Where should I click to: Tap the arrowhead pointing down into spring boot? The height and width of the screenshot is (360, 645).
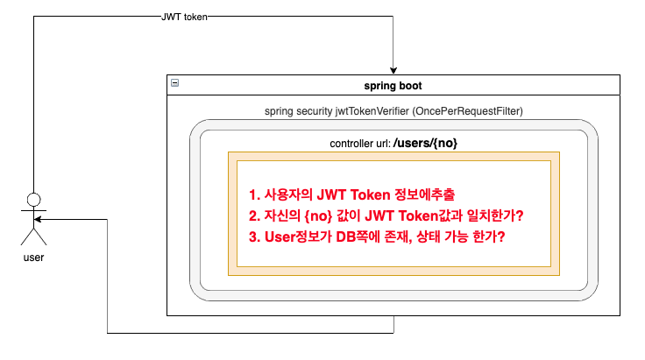pos(394,69)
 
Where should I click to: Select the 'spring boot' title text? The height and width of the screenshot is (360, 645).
pos(393,86)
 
